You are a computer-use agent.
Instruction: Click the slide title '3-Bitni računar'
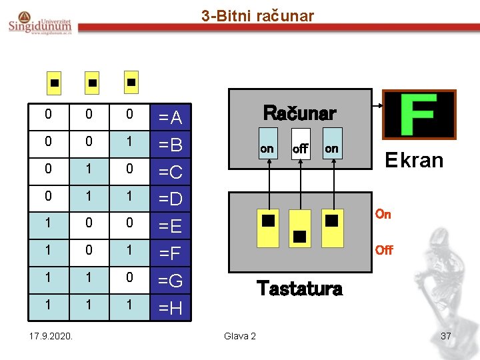[x=257, y=15]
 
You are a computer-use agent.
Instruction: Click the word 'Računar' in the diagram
[x=299, y=112]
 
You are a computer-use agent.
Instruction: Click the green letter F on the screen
[x=419, y=115]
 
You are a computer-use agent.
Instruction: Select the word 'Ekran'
[x=414, y=161]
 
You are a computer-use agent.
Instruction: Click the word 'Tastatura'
[x=299, y=289]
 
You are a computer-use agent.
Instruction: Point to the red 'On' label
[x=383, y=214]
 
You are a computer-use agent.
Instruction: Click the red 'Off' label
[x=384, y=250]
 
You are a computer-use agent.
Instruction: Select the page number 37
[x=447, y=335]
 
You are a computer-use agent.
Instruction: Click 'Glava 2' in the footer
[x=239, y=335]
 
